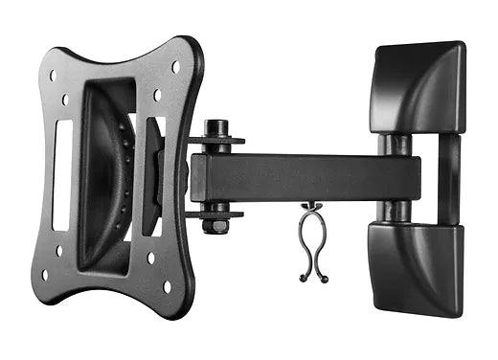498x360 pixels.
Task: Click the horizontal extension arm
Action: [x=287, y=178]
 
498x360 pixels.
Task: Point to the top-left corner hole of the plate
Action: [x=53, y=75]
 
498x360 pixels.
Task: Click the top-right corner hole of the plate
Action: [x=174, y=67]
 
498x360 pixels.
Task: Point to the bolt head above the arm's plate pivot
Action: [x=215, y=127]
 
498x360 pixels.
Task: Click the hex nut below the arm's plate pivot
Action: [x=215, y=226]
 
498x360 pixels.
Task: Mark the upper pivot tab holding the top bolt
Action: [x=218, y=142]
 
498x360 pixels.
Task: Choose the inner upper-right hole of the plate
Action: [x=156, y=95]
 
